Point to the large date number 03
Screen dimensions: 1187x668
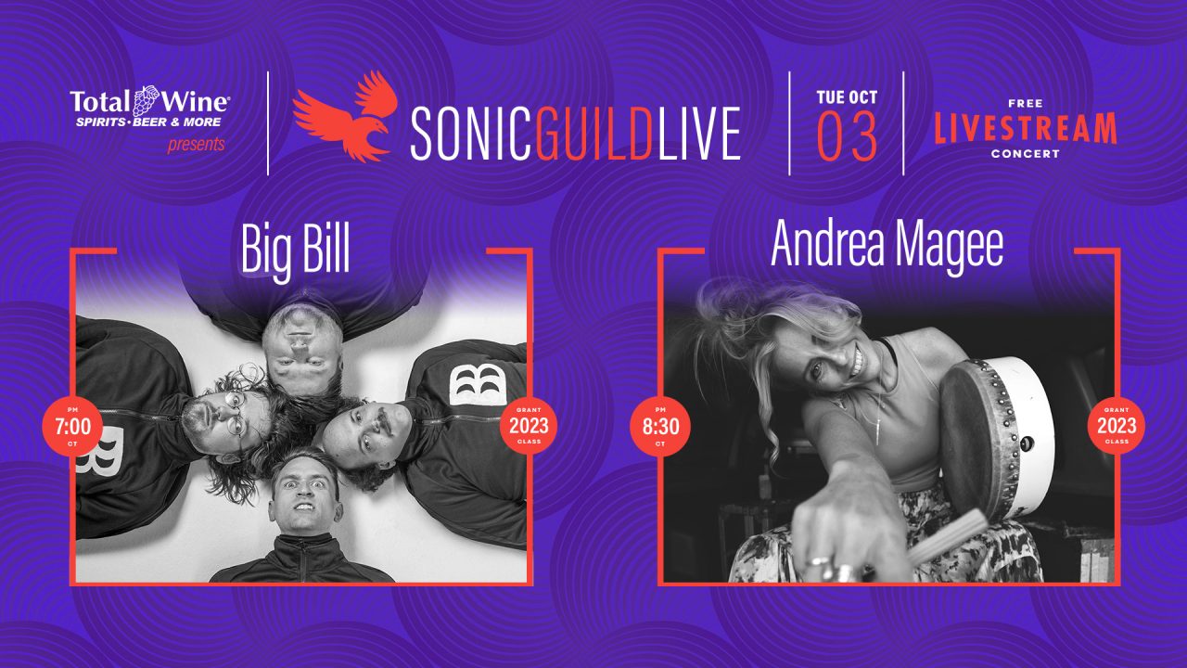point(847,137)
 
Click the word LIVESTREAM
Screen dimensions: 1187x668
point(1026,128)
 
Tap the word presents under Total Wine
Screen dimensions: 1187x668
point(196,144)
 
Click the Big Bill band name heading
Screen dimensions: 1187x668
point(295,250)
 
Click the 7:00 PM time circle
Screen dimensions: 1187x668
point(72,426)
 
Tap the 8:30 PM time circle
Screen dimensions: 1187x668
point(660,426)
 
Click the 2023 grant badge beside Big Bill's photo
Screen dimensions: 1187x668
point(529,426)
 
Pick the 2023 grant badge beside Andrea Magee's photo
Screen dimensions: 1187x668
point(1117,426)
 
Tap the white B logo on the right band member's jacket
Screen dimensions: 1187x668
point(478,384)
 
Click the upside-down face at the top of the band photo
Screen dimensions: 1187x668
point(301,351)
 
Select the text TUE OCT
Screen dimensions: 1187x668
point(847,97)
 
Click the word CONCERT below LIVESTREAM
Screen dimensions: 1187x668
point(1026,154)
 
